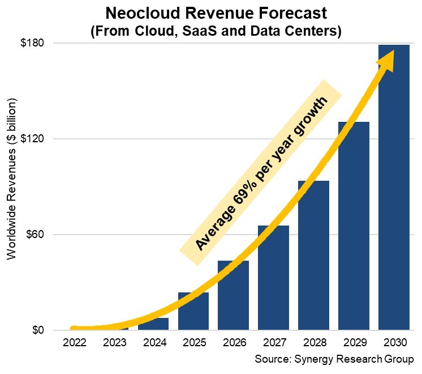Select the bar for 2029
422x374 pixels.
[354, 227]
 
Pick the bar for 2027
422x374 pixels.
[273, 278]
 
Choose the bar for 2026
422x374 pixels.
[233, 295]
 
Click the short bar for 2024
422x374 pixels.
[153, 324]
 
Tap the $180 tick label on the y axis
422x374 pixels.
[33, 43]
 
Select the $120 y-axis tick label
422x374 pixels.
[33, 139]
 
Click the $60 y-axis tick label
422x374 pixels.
[35, 235]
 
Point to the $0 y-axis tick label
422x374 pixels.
[37, 330]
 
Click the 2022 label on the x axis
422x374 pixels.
[74, 343]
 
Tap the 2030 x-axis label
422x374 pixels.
[394, 343]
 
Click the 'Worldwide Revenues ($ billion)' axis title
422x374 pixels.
[11, 178]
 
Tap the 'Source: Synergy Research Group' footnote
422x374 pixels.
[334, 360]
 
